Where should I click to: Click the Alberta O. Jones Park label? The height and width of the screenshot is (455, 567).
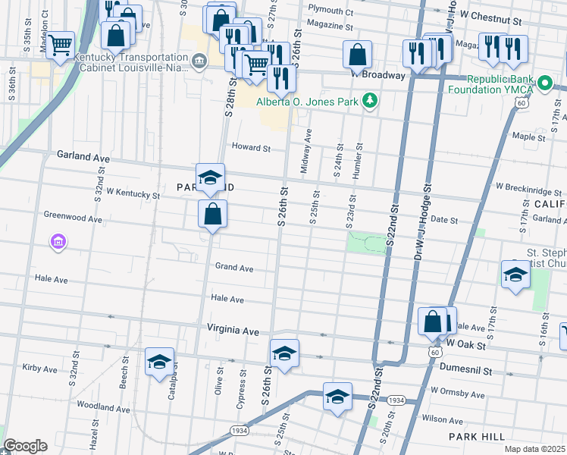[307, 102]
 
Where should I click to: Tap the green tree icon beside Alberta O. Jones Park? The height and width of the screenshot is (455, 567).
[369, 100]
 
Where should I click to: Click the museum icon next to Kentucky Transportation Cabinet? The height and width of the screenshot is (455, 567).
[199, 61]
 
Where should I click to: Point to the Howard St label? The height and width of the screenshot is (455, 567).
[251, 148]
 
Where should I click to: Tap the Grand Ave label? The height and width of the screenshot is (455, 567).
[233, 268]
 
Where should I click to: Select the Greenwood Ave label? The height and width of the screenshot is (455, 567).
[73, 218]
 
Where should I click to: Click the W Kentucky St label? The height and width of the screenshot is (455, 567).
[133, 195]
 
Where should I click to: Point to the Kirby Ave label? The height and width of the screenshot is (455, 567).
[40, 369]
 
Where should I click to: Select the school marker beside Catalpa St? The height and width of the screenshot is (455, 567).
[160, 362]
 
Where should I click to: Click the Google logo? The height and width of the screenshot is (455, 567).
[25, 446]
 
